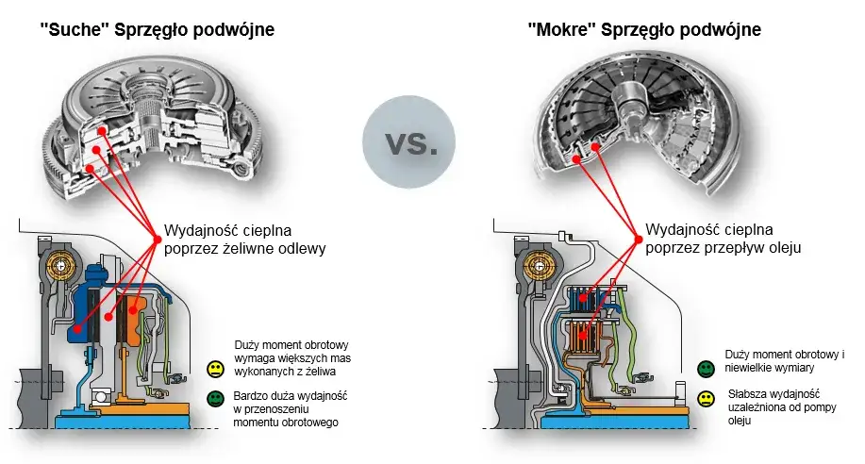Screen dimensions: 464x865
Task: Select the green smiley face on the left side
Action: pos(215,400)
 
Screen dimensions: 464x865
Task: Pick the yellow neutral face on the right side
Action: pos(706,399)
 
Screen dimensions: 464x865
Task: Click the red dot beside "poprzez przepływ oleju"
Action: pos(637,238)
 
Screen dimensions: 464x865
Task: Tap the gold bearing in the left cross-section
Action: pos(58,268)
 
